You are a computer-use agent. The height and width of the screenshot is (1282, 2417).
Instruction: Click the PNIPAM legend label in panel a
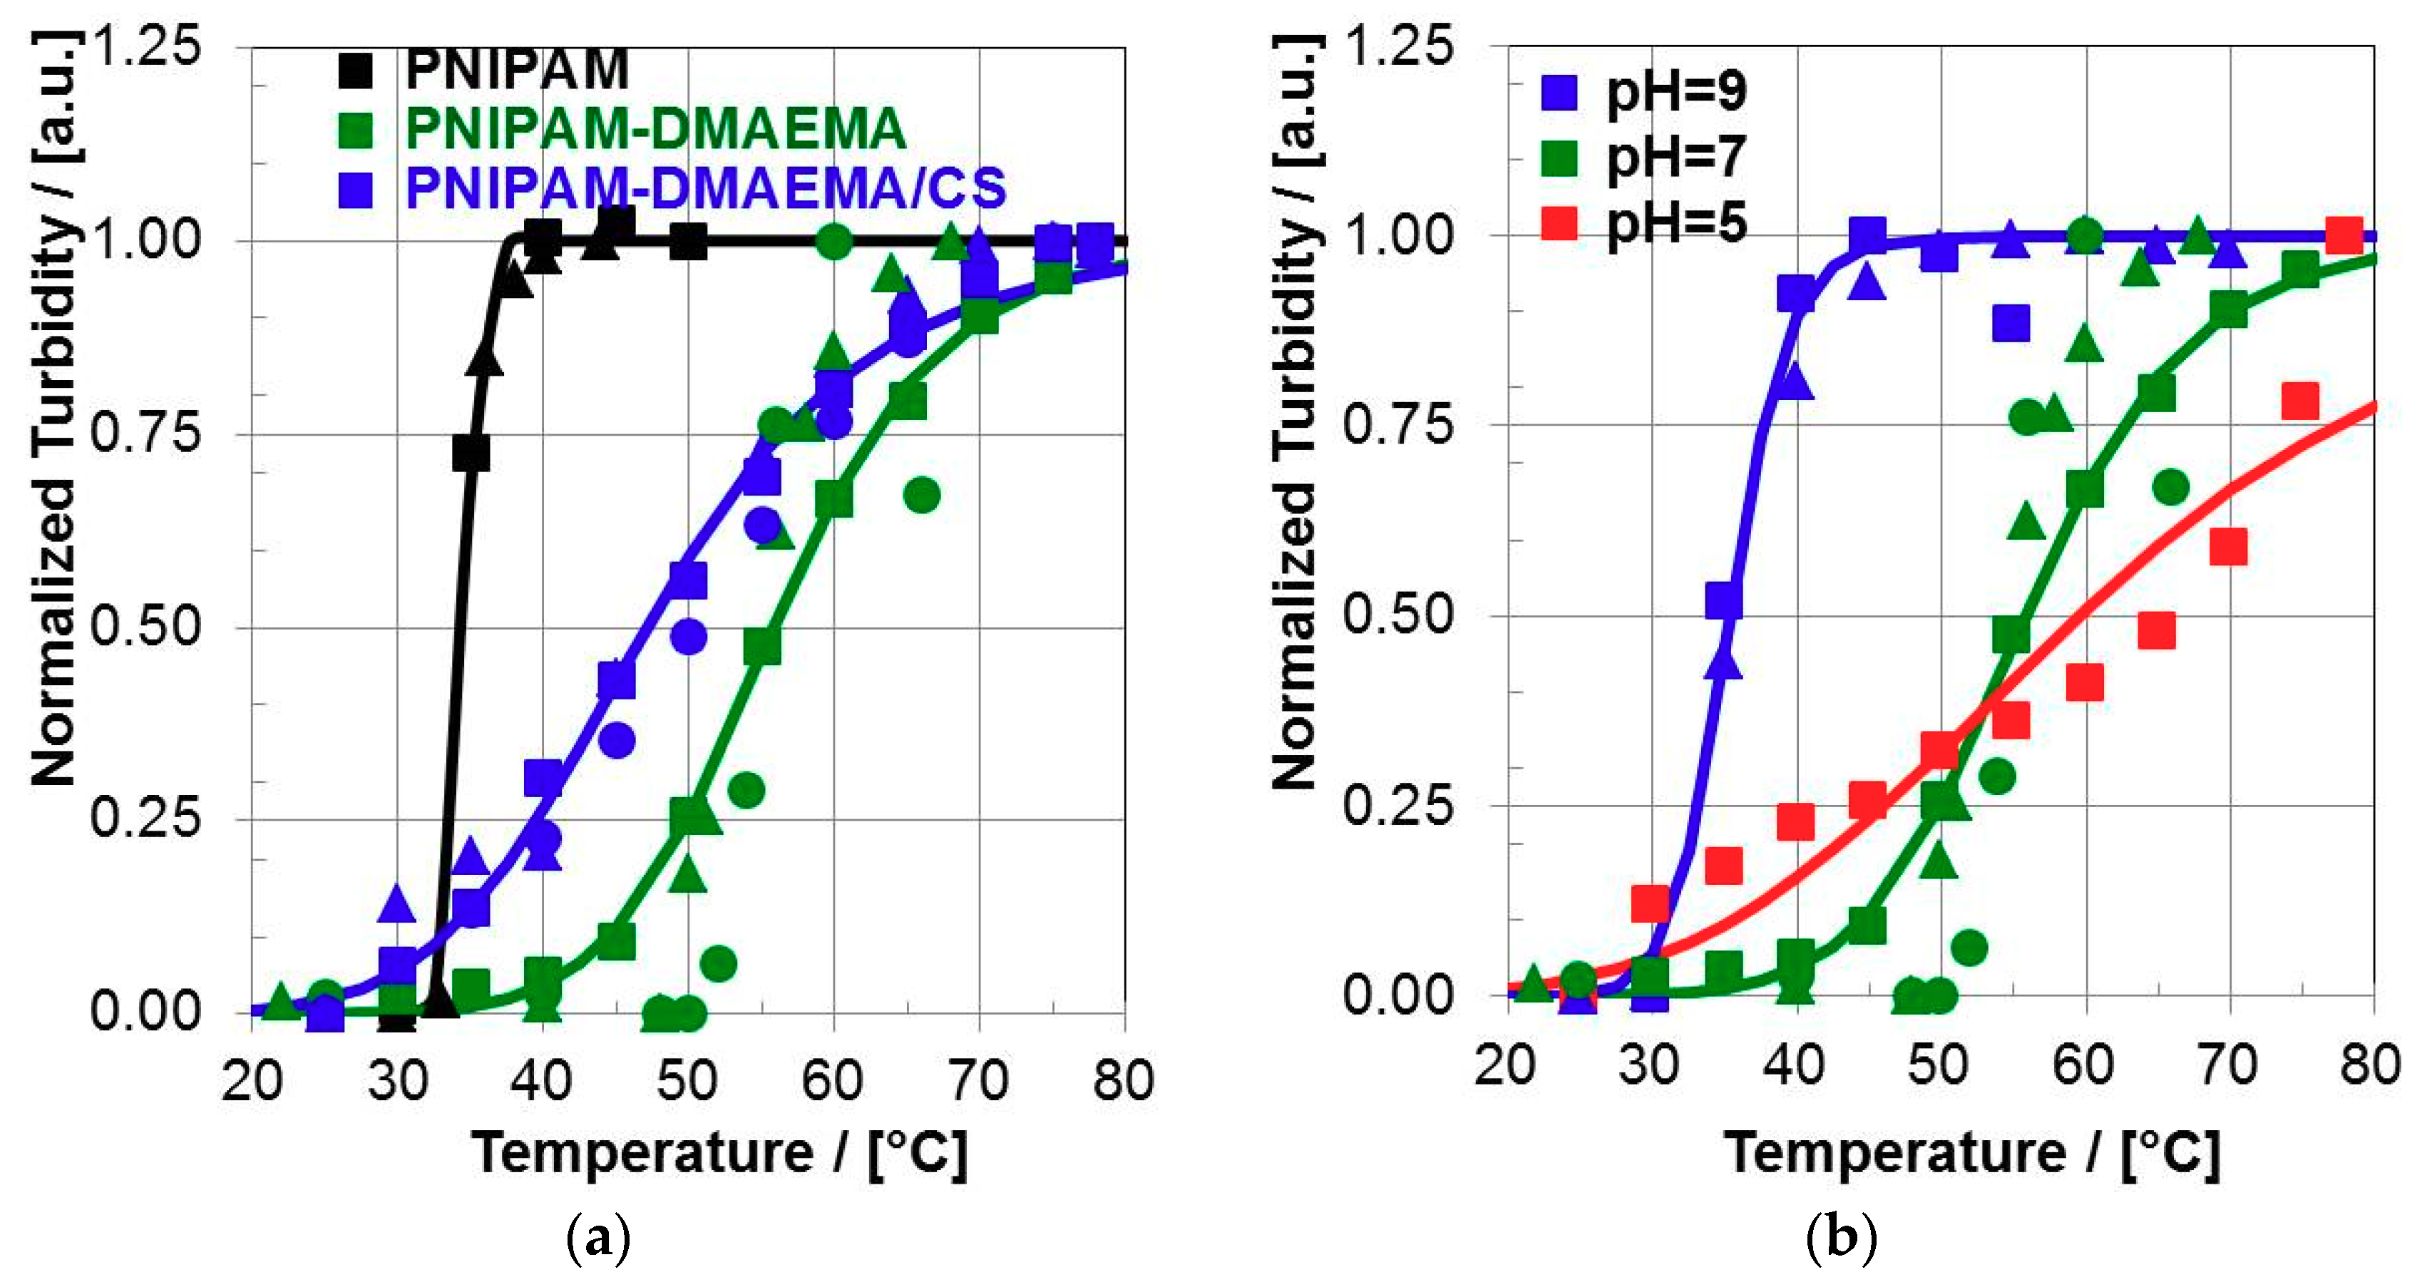pos(517,69)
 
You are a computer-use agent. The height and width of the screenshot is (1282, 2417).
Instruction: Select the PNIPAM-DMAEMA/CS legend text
pos(706,188)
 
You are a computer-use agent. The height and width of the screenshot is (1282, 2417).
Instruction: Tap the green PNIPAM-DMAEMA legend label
pos(655,128)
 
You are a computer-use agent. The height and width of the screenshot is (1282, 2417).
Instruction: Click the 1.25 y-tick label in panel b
pos(1398,45)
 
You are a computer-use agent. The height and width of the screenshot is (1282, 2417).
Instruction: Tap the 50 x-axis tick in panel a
pos(687,1080)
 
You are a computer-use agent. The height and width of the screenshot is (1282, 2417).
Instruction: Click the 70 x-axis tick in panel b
pos(2227,1066)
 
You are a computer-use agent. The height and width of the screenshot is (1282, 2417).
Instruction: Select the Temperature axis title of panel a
pos(719,1152)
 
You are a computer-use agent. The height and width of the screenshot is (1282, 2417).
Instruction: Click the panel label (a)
pos(599,1239)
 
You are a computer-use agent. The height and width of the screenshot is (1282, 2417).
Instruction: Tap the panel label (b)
pos(1841,1239)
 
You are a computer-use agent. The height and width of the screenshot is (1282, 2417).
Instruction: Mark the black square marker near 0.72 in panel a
pos(470,454)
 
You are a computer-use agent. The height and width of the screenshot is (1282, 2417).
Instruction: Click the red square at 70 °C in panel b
pos(2228,547)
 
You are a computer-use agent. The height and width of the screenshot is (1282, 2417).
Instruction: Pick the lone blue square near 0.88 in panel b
pos(2011,324)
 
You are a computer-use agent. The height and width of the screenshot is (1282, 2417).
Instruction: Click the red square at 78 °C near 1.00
pos(2344,237)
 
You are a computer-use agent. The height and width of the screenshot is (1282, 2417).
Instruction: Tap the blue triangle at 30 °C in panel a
pos(397,903)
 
